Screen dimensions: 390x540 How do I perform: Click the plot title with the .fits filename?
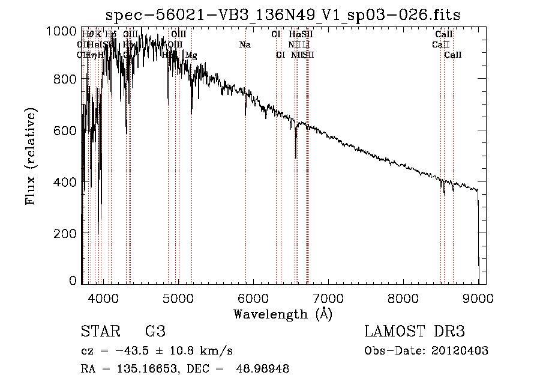click(x=283, y=16)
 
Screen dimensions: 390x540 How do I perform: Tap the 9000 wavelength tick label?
click(x=478, y=297)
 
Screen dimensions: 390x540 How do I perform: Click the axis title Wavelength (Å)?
click(x=283, y=314)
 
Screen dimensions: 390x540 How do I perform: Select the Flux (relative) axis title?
click(x=31, y=156)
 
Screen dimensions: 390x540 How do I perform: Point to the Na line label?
click(x=245, y=45)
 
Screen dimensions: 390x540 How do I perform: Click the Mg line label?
click(x=191, y=55)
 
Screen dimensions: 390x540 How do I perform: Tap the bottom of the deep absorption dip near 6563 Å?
click(x=296, y=157)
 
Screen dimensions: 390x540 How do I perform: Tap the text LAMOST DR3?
click(x=415, y=332)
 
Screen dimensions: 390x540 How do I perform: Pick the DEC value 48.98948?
click(x=263, y=369)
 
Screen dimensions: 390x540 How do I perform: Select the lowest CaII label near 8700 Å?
click(x=453, y=55)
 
